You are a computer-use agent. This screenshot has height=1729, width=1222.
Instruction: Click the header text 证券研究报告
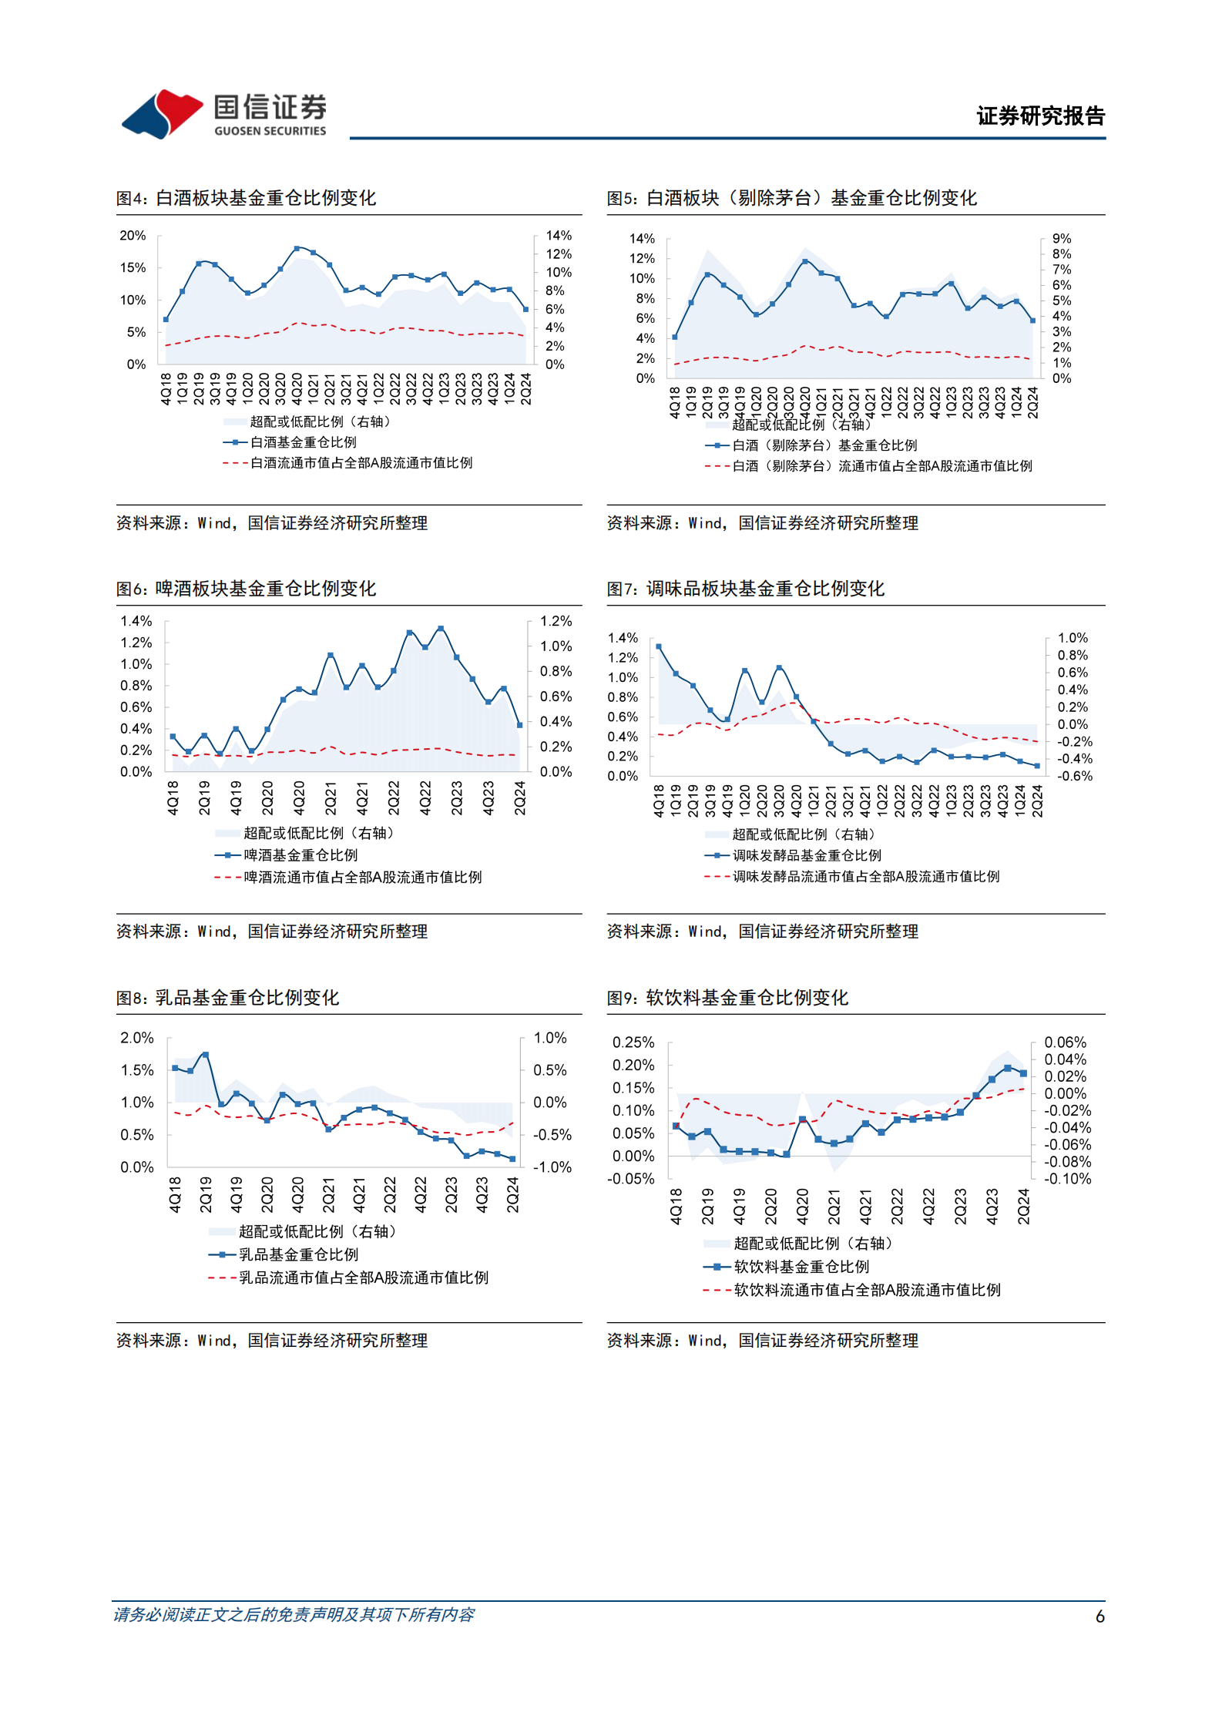pos(1040,116)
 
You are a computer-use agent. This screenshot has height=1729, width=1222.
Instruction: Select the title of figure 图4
pos(246,198)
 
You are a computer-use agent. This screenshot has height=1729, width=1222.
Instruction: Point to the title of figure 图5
pos(791,198)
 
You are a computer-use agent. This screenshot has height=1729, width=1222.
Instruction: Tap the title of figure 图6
pos(246,589)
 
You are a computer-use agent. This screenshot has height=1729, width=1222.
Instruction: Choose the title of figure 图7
pos(745,589)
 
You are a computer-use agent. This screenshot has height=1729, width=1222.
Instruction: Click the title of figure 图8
pos(227,998)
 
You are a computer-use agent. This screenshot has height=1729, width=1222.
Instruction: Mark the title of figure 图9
pos(727,998)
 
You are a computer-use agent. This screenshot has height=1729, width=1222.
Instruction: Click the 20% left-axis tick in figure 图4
pos(133,236)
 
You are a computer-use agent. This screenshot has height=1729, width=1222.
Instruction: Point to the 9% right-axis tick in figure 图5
pos(1061,239)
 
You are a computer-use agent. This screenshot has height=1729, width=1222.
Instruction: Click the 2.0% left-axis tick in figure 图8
pos(136,1038)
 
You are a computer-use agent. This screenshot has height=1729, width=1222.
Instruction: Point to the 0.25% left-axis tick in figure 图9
pos(633,1042)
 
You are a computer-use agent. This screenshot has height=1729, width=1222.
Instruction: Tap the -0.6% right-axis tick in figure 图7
pos(1075,776)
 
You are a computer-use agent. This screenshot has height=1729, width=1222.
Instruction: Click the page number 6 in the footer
pos(1099,1617)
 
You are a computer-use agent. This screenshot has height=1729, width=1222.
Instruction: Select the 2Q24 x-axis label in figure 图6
pos(520,797)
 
